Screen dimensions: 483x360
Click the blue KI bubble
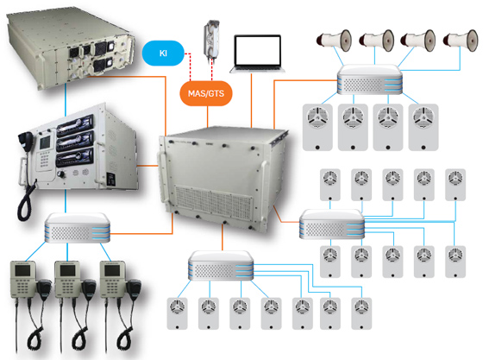coord(163,53)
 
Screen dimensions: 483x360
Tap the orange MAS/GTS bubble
coord(206,93)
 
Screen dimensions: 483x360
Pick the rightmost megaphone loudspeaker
coord(461,40)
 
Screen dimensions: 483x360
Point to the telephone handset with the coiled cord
coord(26,176)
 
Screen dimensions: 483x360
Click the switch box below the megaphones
coord(370,79)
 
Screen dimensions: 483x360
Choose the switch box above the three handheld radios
coord(78,227)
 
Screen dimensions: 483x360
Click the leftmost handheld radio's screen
coord(23,270)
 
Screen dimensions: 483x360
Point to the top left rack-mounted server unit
coord(70,49)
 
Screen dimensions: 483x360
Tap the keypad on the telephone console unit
coord(44,159)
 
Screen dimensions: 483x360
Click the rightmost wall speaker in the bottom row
coord(361,313)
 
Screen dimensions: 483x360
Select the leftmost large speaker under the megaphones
coord(317,127)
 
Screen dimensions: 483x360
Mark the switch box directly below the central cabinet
coord(221,266)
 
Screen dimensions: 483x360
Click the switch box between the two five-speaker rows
coord(332,224)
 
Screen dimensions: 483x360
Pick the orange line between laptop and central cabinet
coord(252,101)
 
